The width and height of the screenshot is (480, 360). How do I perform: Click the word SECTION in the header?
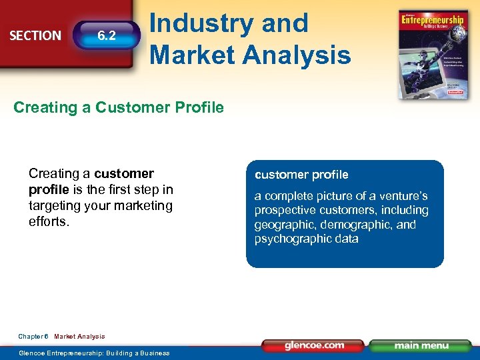[x=35, y=35]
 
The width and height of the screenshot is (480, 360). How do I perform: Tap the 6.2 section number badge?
[x=107, y=36]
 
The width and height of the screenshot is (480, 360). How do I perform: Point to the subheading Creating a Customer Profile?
[x=119, y=107]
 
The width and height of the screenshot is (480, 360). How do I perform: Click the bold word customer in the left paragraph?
[x=124, y=173]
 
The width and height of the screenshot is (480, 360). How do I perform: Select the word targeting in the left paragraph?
[x=57, y=206]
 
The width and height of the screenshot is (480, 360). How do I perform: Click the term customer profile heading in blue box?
[x=301, y=175]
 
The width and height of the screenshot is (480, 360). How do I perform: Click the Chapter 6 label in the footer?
[x=33, y=337]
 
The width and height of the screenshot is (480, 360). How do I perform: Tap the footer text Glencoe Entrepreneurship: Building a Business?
[x=94, y=353]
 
